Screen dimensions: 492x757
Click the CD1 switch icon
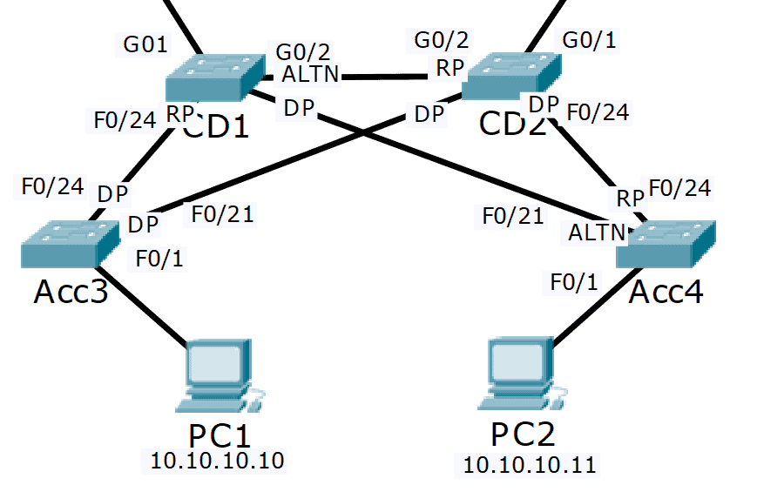coord(213,77)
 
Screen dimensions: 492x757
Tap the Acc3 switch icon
coord(70,243)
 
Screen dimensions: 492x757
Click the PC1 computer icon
coord(218,376)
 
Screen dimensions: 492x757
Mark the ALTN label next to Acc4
coord(597,233)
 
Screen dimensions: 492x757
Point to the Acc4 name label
coord(666,292)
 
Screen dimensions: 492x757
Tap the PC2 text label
coord(523,434)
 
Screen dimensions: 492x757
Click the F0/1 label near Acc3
coord(159,257)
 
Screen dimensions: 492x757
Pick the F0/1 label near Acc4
coord(574,282)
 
